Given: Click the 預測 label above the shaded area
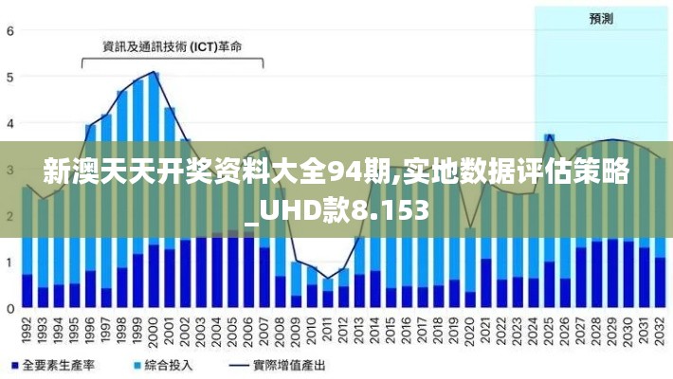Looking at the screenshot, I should pos(600,18).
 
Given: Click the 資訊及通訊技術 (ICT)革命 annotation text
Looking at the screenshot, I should pos(172,45).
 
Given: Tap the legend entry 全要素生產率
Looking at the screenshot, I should pos(59,365).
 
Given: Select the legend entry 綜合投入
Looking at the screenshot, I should pos(166,365).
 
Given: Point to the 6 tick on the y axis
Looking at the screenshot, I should pos(10,30).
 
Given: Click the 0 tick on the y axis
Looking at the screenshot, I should pos(10,308).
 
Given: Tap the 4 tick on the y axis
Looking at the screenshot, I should pos(10,123).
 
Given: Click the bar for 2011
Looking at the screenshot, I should pos(328,294).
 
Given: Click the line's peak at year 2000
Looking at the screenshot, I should pos(154,72).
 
